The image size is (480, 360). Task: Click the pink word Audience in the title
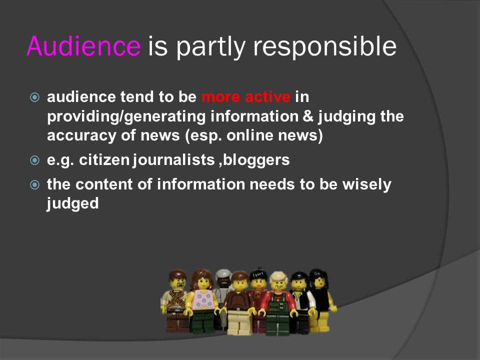83,46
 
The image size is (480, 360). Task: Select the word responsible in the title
325,47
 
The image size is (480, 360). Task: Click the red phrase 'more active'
246,97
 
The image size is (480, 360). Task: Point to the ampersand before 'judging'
308,116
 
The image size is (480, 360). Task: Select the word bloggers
256,160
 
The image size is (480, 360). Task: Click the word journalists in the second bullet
173,160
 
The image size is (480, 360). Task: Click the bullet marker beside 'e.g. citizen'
35,160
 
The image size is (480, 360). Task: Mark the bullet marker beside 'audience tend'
35,97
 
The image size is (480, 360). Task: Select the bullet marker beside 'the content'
35,184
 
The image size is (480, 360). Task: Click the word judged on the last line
73,204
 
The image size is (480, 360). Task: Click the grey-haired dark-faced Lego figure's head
223,277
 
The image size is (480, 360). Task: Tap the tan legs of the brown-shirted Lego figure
239,321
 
